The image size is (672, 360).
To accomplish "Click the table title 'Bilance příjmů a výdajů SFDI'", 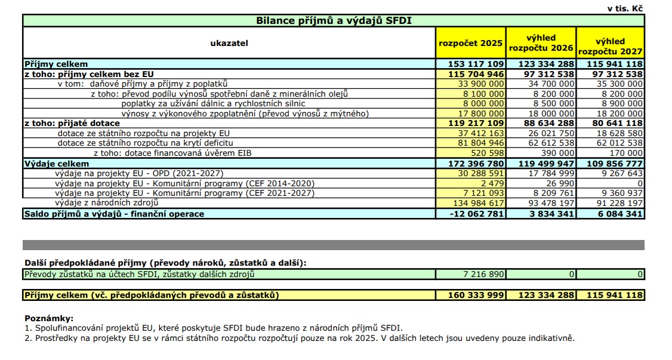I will click(334, 20).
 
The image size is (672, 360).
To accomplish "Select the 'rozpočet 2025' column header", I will click(470, 43).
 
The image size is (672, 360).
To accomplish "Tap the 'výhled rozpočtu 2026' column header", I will click(541, 42).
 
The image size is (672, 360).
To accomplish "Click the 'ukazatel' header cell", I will click(229, 43).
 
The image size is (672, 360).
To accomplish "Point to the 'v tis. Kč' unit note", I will click(625, 8).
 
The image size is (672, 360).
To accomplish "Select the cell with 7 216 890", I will click(480, 274).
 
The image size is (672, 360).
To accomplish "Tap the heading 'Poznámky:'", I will click(49, 318).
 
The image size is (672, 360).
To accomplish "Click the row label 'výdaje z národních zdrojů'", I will click(106, 204).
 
